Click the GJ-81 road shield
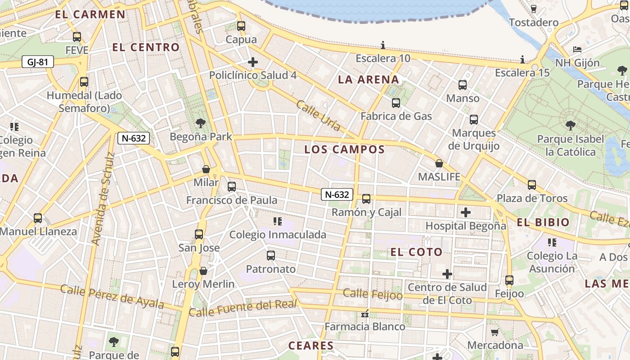coord(37,62)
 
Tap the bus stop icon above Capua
coord(241,26)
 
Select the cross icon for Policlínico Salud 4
coord(253,62)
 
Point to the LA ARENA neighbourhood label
coord(369,80)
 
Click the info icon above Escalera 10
coord(383,45)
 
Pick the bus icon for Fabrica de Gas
coord(396,103)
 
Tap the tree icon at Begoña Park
coord(201,123)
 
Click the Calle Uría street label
coord(318,116)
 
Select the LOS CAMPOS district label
coord(345,149)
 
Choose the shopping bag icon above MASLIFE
coord(439,163)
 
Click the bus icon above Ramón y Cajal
coord(366,199)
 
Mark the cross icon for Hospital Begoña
coord(466,212)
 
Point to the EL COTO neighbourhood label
coord(417,252)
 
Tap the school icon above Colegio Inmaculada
coord(278,221)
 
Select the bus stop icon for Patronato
coord(271,256)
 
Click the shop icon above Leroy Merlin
coord(203,271)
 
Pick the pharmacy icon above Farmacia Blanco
coord(365,314)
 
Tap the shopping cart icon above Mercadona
coord(495,332)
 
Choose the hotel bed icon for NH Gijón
coord(577,49)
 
